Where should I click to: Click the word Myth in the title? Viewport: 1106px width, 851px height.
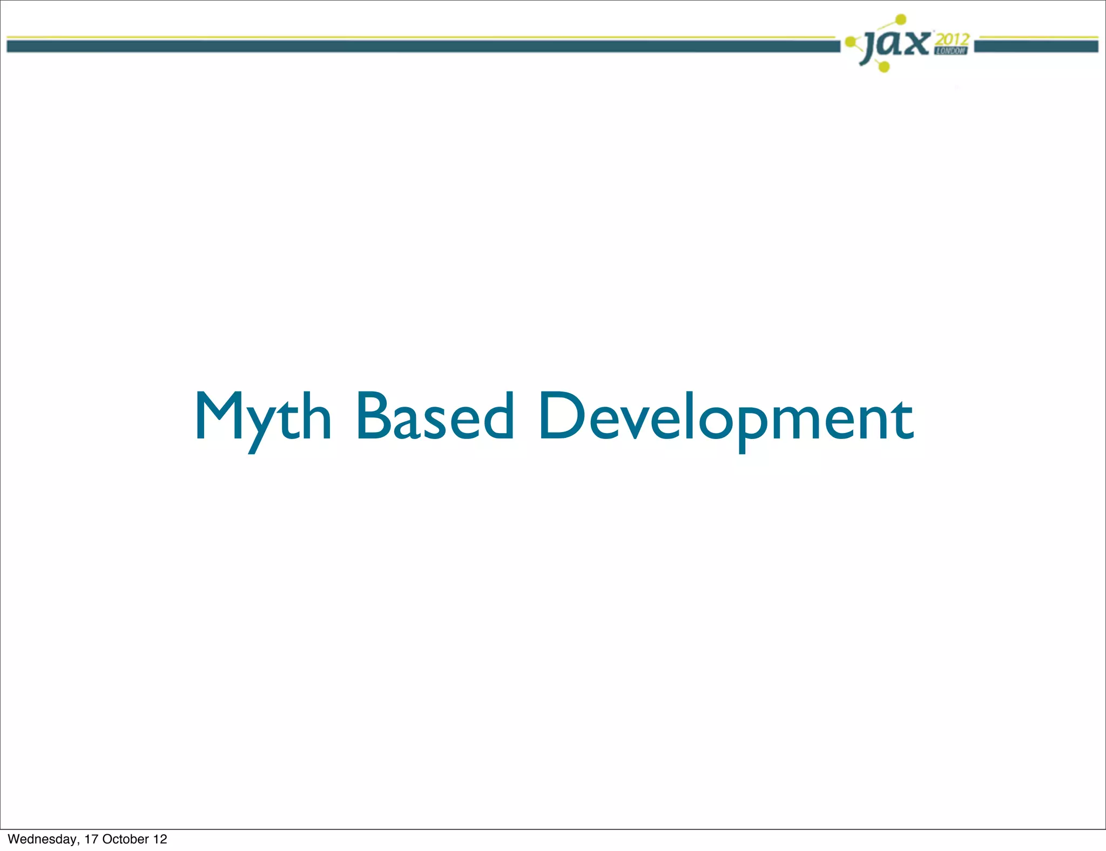[263, 417]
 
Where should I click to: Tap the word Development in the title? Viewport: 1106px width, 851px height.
[726, 417]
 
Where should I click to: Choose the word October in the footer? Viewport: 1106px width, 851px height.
[125, 839]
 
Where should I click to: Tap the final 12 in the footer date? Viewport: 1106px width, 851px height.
[160, 839]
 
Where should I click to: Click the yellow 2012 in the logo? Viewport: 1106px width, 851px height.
[952, 40]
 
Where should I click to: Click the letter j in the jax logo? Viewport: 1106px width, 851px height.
[870, 46]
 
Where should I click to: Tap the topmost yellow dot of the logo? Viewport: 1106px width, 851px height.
[900, 20]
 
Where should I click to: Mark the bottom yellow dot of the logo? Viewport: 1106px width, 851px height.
[884, 67]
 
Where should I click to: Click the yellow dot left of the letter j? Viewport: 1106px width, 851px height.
[851, 41]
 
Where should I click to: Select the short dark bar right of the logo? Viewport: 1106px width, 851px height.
[1036, 47]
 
